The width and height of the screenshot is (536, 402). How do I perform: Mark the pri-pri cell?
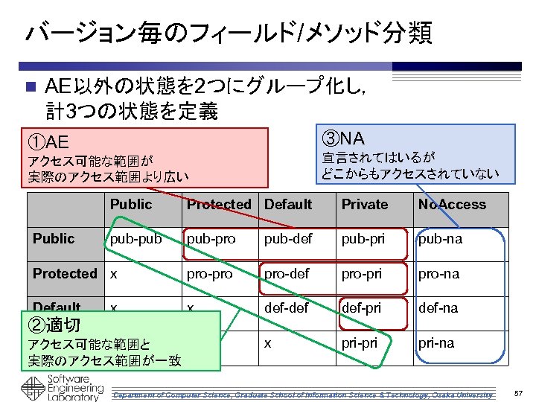(x=360, y=343)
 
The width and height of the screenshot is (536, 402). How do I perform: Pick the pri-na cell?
(x=437, y=343)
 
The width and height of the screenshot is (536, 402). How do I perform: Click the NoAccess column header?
(x=452, y=205)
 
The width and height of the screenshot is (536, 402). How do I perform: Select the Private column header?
(x=365, y=205)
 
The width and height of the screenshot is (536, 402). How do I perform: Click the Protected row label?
(x=65, y=274)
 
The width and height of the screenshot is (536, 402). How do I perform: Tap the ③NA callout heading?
(x=343, y=138)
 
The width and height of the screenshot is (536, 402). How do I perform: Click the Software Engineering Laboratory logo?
(x=61, y=388)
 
